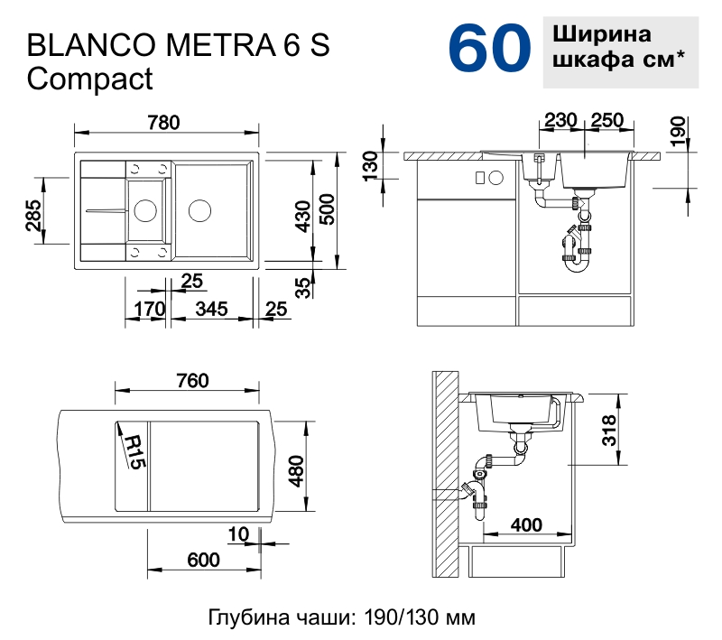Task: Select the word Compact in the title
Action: click(90, 79)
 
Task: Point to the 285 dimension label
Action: click(33, 216)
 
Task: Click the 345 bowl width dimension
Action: click(210, 309)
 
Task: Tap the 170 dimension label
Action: click(149, 309)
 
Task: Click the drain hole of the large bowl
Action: click(199, 212)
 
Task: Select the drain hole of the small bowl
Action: click(143, 211)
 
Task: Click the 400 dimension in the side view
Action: click(526, 524)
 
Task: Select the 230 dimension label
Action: click(561, 121)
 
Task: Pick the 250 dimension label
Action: click(608, 121)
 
